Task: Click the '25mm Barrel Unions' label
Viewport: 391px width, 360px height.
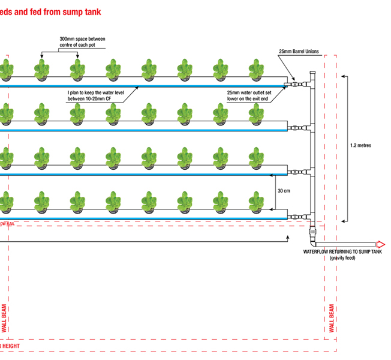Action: click(x=299, y=52)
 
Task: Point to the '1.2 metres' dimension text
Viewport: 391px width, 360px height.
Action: click(x=362, y=145)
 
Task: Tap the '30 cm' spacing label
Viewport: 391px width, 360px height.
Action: click(x=284, y=190)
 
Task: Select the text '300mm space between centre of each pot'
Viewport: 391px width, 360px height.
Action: click(x=82, y=42)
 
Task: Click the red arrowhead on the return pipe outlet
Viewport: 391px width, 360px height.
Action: click(x=380, y=244)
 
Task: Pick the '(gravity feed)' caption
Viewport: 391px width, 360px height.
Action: click(x=342, y=257)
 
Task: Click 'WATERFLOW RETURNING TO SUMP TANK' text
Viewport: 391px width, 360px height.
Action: click(x=342, y=251)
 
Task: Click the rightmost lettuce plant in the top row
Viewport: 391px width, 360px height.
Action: click(x=257, y=68)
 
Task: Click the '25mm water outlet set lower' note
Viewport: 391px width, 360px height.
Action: click(x=248, y=96)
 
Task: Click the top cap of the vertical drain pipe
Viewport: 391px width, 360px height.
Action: click(x=311, y=73)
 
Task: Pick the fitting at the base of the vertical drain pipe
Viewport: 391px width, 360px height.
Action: click(x=311, y=230)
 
